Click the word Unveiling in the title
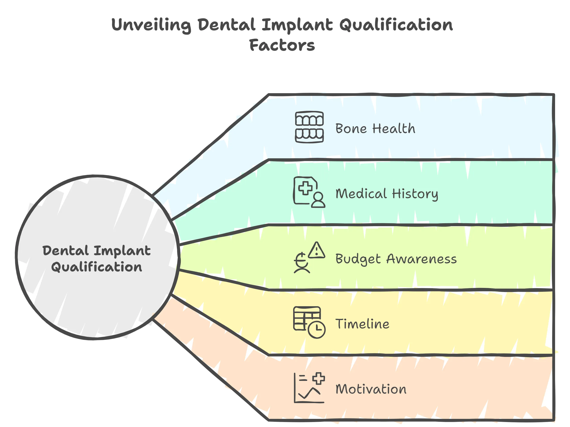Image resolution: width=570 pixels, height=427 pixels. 151,25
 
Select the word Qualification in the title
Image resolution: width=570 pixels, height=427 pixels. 396,25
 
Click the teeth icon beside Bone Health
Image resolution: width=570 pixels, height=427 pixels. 309,127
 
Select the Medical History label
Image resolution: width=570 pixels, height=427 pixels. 387,194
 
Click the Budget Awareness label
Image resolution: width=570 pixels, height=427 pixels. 396,259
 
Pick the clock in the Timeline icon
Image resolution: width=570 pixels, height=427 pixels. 317,329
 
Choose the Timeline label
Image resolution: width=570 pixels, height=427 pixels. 362,324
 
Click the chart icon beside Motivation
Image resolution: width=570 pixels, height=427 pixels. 309,388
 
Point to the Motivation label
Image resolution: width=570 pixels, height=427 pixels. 371,389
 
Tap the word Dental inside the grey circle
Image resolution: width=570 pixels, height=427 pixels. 66,251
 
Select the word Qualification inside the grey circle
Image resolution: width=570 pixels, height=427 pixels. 97,267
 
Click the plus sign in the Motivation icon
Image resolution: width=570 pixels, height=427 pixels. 318,379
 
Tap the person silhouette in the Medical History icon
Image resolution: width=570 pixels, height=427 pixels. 318,200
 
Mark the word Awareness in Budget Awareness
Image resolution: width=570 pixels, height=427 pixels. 421,259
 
